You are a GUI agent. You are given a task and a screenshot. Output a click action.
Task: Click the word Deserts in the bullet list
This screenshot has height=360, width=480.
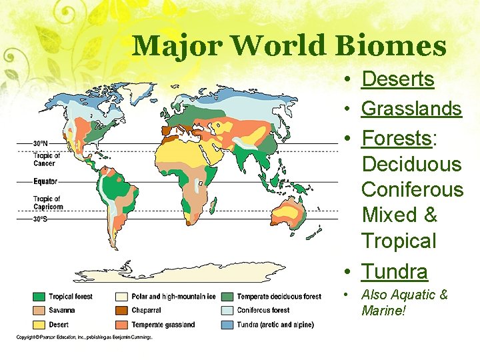tap(397, 79)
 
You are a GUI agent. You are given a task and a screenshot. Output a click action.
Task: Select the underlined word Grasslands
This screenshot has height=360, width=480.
tap(411, 108)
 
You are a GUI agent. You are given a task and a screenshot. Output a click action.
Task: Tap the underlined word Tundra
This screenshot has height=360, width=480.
tap(394, 271)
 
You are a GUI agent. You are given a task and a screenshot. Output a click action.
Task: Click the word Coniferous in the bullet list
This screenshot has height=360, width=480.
tap(412, 189)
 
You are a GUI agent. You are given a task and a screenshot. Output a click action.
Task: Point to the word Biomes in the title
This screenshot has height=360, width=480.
tap(390, 46)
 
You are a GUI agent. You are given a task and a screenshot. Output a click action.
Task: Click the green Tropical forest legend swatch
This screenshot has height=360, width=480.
tap(39, 297)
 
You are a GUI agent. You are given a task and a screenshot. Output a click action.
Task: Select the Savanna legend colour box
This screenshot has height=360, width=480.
tap(39, 310)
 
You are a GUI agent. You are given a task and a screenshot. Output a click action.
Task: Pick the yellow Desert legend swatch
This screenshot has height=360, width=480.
tap(39, 325)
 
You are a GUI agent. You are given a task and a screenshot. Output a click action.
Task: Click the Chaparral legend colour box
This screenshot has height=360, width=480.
tap(122, 310)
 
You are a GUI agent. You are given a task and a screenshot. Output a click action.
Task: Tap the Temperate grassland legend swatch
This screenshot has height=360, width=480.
tap(122, 325)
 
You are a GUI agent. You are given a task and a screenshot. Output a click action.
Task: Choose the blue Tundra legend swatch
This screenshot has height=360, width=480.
tap(227, 325)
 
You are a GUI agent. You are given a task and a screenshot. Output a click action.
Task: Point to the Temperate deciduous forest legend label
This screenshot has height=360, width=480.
tap(279, 297)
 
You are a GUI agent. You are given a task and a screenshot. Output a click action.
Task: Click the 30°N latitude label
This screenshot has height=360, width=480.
tap(41, 143)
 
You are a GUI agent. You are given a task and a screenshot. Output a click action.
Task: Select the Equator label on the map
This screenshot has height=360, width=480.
tap(45, 181)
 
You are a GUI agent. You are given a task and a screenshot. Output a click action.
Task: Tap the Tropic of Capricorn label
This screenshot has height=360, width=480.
tap(47, 203)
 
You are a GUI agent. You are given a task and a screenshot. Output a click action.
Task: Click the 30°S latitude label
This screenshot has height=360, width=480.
tap(41, 218)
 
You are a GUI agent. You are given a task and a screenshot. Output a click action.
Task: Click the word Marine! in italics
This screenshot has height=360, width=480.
tap(384, 311)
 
